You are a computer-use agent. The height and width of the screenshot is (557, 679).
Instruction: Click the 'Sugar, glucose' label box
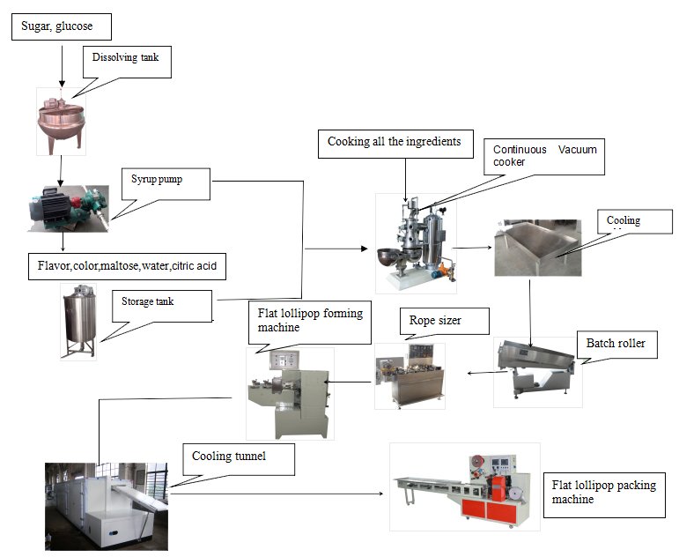[x=63, y=26]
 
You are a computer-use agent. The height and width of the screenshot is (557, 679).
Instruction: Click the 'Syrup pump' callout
[x=166, y=183]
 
